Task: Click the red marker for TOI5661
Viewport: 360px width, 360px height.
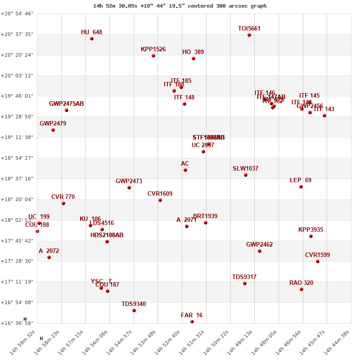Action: [x=249, y=35]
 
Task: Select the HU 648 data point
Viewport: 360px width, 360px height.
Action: [x=92, y=39]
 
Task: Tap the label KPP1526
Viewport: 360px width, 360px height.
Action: [x=153, y=49]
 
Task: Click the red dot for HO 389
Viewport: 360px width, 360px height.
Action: [x=193, y=58]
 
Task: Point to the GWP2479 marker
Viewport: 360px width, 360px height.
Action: [x=53, y=130]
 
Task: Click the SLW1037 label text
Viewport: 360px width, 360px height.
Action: [x=245, y=169]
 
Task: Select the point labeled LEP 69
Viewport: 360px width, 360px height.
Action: [x=301, y=187]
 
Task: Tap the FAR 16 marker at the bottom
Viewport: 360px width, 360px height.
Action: [x=192, y=322]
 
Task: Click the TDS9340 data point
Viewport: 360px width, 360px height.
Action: [x=134, y=310]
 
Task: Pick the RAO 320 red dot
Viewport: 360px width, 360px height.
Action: [x=301, y=289]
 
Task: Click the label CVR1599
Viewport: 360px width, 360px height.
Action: [x=317, y=255]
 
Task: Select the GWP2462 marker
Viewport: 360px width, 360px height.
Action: [x=260, y=251]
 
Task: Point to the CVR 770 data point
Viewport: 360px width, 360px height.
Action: [x=63, y=203]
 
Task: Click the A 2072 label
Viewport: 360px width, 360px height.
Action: [x=49, y=251]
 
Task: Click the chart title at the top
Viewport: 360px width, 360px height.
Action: [x=180, y=6]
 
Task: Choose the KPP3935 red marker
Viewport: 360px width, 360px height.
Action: [x=311, y=236]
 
